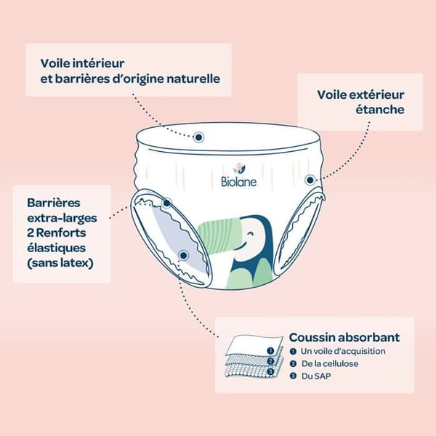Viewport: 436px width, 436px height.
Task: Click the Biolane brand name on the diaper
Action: [238, 182]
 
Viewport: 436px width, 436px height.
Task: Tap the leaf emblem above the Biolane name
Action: [239, 168]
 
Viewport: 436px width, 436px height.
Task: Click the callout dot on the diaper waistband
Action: [198, 137]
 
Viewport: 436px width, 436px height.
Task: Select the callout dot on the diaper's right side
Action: [310, 180]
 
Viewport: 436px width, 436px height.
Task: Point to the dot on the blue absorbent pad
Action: [184, 255]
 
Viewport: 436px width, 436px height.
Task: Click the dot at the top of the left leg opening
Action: [167, 203]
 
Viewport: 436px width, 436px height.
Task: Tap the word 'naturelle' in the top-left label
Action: [193, 78]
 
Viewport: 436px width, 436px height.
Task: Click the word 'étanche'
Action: [380, 109]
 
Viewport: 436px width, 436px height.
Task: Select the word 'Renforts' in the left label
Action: [61, 233]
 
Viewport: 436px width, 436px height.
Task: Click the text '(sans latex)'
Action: [60, 263]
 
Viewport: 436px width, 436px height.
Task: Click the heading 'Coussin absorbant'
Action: [344, 337]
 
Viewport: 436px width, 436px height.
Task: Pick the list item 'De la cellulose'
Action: [330, 364]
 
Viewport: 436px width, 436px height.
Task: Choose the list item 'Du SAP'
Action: [316, 376]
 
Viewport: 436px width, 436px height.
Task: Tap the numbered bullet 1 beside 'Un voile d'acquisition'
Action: [293, 351]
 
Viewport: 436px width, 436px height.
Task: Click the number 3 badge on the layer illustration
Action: [270, 371]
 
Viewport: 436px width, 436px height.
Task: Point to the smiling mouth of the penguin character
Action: [243, 246]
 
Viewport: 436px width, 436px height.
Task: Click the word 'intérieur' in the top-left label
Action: [98, 63]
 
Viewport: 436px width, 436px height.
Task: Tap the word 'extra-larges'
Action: [62, 218]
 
